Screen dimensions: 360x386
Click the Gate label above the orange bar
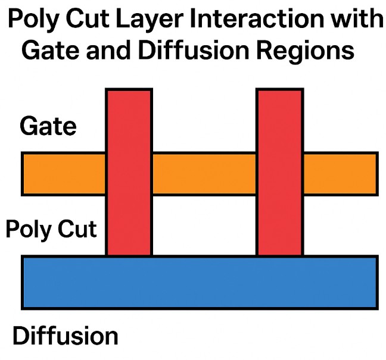tap(48, 126)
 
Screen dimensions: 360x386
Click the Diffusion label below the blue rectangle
tap(66, 336)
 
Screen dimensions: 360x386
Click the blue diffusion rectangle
tap(200, 282)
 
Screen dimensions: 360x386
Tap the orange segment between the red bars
tap(204, 174)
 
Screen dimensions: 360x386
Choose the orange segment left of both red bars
tap(64, 174)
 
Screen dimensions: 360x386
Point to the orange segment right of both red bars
tap(340, 174)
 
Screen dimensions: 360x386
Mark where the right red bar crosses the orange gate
tap(280, 174)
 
